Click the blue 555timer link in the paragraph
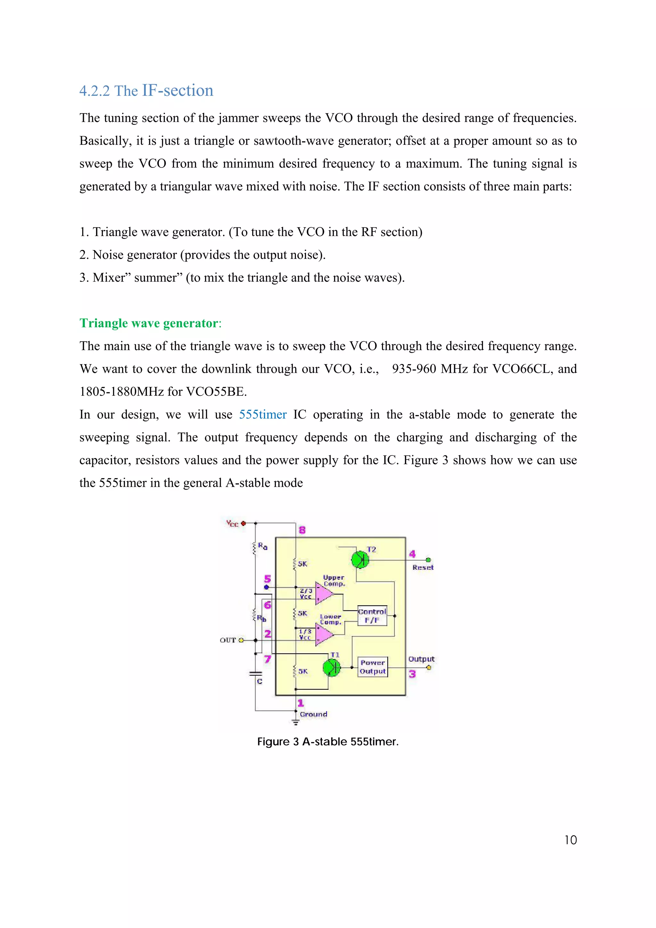(x=263, y=415)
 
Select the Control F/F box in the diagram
(x=372, y=616)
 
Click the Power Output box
(x=372, y=667)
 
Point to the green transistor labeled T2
(x=359, y=560)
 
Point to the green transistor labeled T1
(x=332, y=667)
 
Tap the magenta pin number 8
(x=302, y=530)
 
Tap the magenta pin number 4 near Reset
(x=412, y=554)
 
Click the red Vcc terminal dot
(x=243, y=524)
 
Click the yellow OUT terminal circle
(x=241, y=640)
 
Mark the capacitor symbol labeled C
(x=255, y=674)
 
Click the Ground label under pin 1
(x=313, y=714)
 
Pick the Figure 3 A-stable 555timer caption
(x=328, y=742)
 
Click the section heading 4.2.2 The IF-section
(x=146, y=91)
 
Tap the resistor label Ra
(x=263, y=546)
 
